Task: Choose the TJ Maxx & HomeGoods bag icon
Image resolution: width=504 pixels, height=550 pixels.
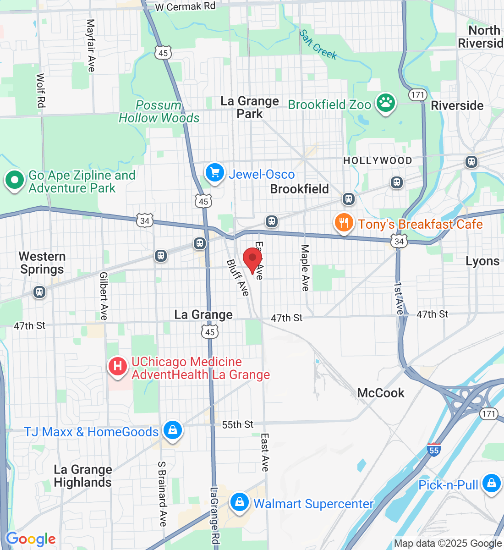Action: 173,431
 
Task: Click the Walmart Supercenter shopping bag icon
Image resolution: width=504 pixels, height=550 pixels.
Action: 239,502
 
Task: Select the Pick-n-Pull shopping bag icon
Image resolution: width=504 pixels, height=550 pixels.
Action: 492,484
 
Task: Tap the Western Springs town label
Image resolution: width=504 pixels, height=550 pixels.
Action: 42,263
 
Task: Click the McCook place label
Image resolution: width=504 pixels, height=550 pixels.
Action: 381,393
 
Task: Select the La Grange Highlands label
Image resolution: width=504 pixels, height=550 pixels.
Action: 82,476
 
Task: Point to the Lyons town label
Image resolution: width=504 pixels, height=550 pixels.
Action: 482,261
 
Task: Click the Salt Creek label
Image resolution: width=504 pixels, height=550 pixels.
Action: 318,45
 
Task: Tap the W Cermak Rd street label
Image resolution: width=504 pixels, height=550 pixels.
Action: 185,7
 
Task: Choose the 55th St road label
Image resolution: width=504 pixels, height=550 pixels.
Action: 237,424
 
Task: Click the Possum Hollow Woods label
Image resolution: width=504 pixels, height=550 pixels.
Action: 159,111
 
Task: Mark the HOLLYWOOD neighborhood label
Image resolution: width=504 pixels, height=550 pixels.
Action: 378,160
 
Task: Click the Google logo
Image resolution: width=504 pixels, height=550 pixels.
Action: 31,539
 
